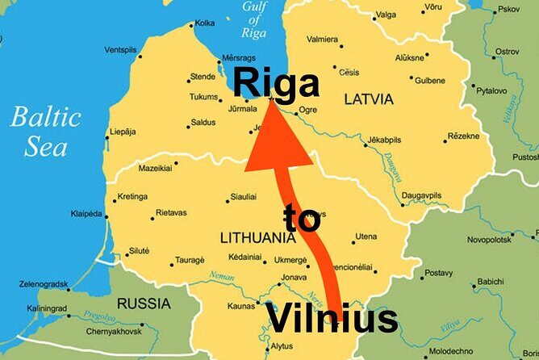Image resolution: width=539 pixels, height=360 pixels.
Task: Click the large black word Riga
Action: [276, 83]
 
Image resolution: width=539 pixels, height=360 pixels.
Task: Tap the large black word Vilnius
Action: [332, 319]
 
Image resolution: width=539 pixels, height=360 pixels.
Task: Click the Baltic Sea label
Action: [45, 132]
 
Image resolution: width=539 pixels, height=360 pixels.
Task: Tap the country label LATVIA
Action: [369, 99]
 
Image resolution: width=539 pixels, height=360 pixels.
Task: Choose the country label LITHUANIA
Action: [257, 238]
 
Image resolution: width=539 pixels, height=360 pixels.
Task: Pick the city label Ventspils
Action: [120, 50]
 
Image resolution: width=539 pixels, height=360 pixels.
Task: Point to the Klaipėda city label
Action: [86, 214]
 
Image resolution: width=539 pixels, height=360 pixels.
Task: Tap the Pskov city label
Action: [509, 9]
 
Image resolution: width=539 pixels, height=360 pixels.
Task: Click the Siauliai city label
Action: [243, 196]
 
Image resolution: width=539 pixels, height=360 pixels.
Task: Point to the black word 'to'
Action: [303, 220]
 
